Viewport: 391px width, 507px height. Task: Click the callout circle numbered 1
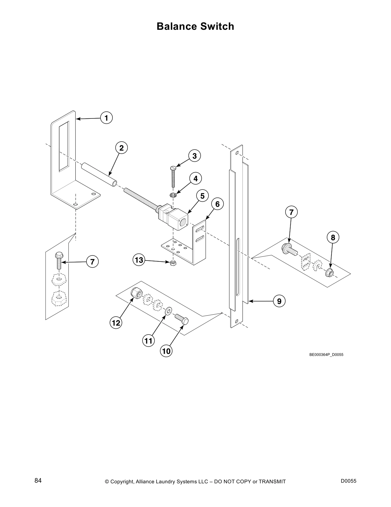106,118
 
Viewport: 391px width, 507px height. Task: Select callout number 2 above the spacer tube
121,148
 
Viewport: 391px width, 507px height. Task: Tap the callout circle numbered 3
195,156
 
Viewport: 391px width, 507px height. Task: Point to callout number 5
202,196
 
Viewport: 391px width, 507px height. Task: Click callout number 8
333,237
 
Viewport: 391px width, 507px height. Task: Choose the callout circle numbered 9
279,301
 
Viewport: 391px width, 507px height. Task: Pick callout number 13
139,260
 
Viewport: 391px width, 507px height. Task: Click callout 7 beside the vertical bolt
92,262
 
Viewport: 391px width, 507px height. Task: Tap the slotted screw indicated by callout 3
173,176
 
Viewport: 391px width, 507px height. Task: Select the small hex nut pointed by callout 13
173,263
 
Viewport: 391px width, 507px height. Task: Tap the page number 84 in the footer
38,481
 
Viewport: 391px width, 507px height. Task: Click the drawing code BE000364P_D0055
326,355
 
